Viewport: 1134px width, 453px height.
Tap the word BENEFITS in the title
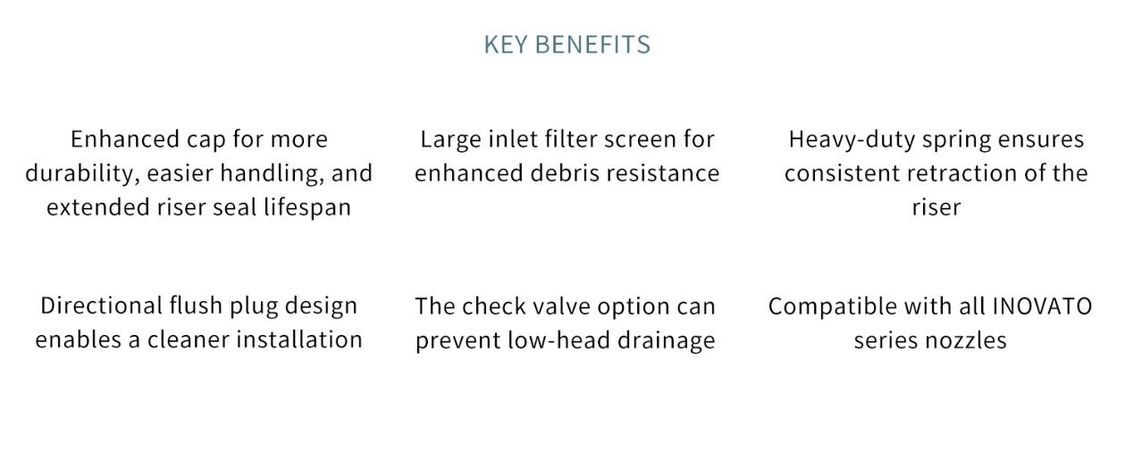tap(592, 45)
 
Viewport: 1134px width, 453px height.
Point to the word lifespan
tap(307, 208)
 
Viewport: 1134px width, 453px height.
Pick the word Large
tap(450, 140)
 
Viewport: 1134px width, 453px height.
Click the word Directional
tap(101, 306)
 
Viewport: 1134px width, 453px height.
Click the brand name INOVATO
tap(1042, 306)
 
